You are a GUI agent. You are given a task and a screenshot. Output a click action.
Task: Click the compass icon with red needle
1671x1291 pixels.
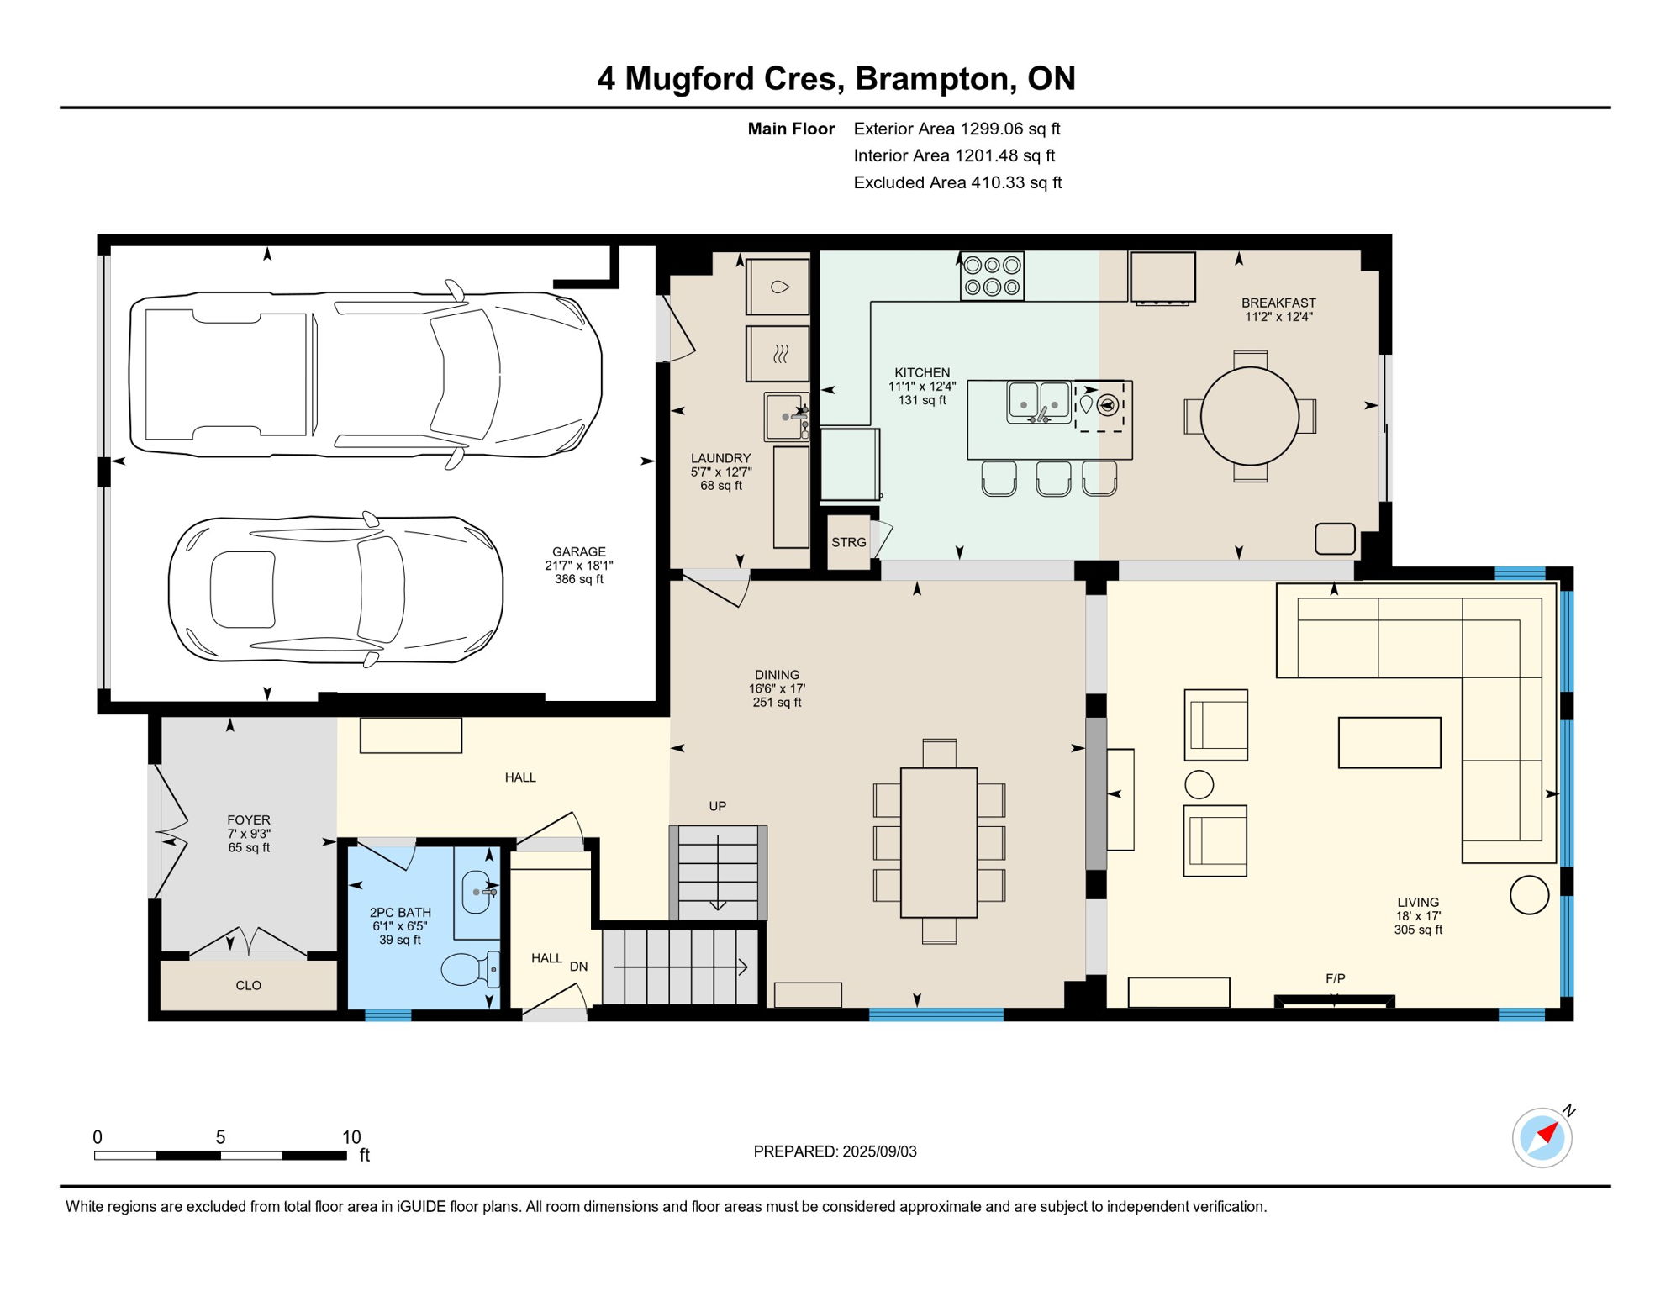click(x=1542, y=1138)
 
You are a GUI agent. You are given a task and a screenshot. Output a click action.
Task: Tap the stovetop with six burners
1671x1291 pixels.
click(x=992, y=276)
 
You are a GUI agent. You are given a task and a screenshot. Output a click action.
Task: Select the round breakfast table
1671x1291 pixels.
click(x=1250, y=416)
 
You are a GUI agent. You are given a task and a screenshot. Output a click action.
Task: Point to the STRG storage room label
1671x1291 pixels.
click(x=848, y=542)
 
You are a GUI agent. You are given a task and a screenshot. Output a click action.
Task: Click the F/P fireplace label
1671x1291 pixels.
click(x=1335, y=978)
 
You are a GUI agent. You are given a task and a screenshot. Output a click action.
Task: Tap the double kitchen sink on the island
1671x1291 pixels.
click(x=1040, y=402)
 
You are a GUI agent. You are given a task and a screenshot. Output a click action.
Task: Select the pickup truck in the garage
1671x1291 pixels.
click(x=366, y=375)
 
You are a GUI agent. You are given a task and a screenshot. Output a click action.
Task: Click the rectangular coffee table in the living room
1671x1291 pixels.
click(x=1389, y=742)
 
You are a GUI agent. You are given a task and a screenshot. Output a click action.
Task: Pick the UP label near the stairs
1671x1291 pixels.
click(x=717, y=806)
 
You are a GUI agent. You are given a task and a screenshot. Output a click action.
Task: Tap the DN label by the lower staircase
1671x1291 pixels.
click(x=578, y=967)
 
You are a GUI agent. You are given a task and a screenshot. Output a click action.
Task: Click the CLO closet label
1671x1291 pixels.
click(x=248, y=985)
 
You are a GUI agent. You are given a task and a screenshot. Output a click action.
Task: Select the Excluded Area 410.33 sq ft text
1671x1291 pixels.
click(x=957, y=182)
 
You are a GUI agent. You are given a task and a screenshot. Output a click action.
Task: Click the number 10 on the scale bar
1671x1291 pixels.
click(x=351, y=1137)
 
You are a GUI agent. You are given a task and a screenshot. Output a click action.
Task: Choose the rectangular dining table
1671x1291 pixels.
click(x=938, y=842)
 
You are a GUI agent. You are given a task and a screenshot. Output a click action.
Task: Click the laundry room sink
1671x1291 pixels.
click(x=785, y=417)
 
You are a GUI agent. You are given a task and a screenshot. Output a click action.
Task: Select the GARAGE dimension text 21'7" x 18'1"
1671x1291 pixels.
click(x=578, y=566)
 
